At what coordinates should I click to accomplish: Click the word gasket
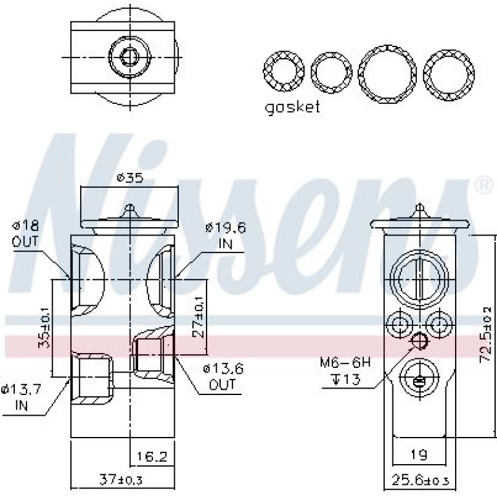click(x=292, y=108)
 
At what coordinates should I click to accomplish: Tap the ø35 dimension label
click(x=130, y=177)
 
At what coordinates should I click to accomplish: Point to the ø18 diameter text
click(x=25, y=226)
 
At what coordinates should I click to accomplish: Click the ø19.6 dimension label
click(x=225, y=228)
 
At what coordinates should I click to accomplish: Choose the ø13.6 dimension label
click(x=223, y=369)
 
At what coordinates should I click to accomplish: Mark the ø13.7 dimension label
click(x=21, y=389)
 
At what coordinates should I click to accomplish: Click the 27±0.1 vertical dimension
click(x=198, y=318)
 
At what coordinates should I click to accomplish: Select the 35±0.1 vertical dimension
click(x=44, y=328)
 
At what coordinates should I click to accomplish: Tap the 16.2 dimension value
click(x=152, y=456)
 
